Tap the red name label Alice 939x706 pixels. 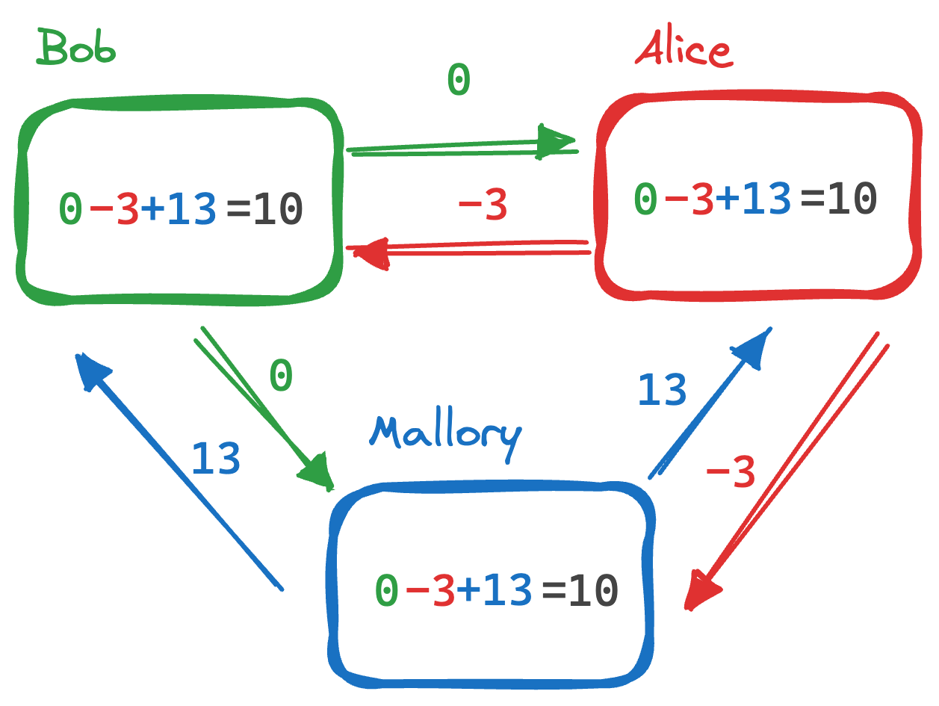(683, 51)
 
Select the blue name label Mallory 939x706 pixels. (445, 433)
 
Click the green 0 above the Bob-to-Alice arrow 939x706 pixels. (458, 80)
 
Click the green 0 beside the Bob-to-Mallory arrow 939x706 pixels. (281, 376)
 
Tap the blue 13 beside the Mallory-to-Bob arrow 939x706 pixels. (216, 458)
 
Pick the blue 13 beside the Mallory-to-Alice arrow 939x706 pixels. (662, 389)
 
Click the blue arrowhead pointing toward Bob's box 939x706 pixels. (90, 369)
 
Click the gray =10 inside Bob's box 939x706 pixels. (264, 208)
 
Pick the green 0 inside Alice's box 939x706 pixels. (646, 199)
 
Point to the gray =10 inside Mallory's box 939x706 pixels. (580, 590)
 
